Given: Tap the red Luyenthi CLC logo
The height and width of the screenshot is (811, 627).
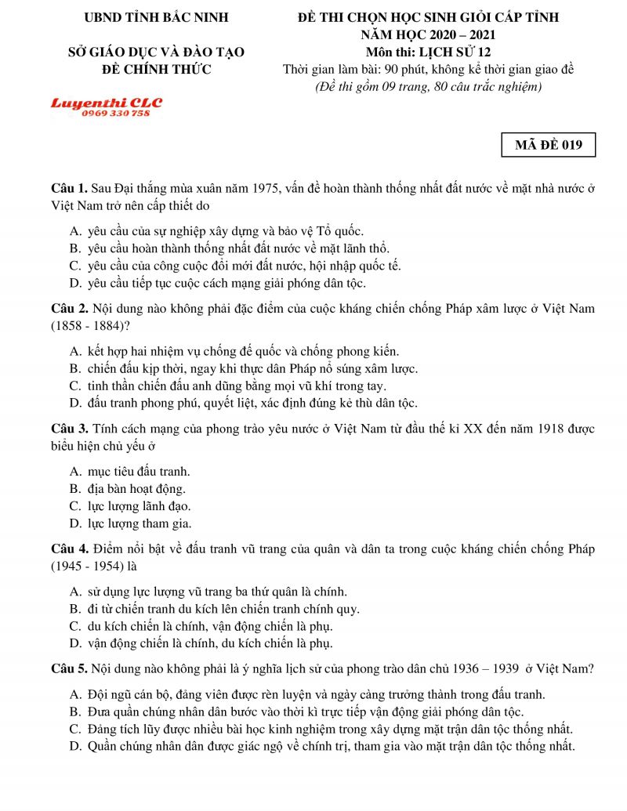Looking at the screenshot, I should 107,103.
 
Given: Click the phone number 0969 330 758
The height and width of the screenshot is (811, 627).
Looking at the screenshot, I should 115,114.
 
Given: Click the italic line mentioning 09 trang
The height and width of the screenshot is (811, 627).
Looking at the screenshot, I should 428,86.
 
